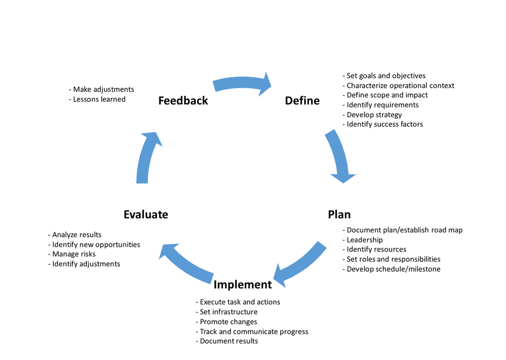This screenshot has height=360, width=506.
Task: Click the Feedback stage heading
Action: point(183,101)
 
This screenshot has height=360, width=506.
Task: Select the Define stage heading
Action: point(302,101)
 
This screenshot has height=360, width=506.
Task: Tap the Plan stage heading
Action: point(339,214)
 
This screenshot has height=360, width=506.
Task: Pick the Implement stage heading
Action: point(243,285)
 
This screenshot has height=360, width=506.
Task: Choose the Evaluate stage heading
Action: point(146,214)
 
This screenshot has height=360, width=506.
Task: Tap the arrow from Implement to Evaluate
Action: point(186,264)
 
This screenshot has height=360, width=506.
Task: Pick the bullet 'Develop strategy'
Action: point(372,115)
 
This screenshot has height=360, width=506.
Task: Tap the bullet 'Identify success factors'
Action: point(383,124)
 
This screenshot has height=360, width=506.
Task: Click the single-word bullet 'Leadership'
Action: point(362,240)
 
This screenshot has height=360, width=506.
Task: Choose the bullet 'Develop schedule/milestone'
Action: point(391,269)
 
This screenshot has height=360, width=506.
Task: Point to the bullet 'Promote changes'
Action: point(226,322)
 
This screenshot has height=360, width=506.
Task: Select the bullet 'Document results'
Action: point(227,341)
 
